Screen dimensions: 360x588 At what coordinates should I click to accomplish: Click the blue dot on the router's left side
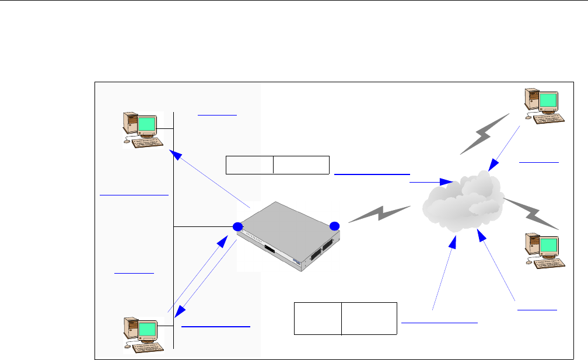coord(237,226)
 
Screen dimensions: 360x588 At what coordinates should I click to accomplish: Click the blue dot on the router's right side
coord(334,226)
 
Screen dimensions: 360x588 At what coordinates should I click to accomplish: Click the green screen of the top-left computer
coord(147,124)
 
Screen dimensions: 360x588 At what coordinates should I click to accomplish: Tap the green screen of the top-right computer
coord(549,100)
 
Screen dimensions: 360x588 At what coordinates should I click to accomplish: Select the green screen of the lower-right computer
coord(549,246)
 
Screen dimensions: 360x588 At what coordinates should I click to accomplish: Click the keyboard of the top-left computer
coord(145,142)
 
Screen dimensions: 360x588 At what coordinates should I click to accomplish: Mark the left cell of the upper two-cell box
coord(250,165)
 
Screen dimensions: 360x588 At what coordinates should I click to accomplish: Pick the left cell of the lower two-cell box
coord(317,319)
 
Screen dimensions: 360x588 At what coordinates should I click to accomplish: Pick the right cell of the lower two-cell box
coord(369,319)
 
